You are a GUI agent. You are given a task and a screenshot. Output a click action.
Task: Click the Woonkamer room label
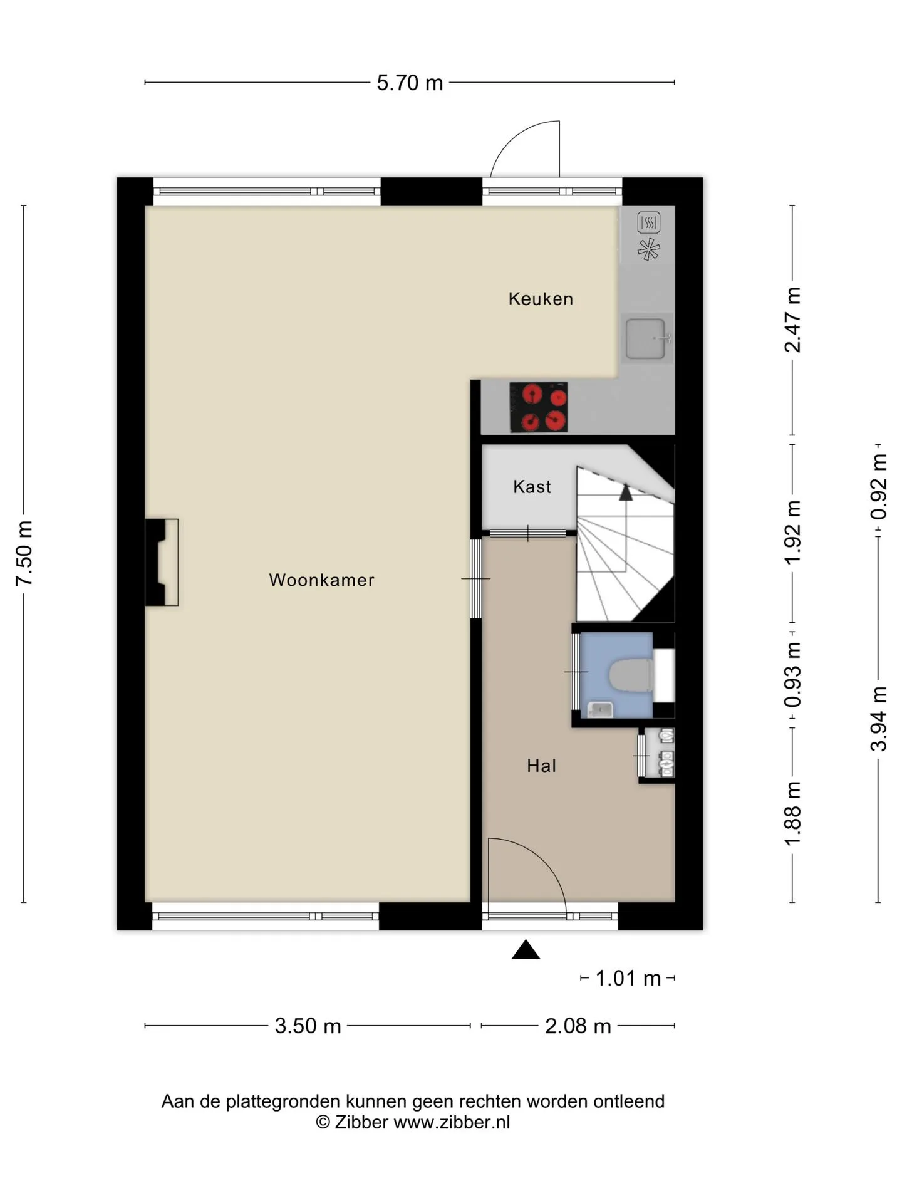tap(321, 580)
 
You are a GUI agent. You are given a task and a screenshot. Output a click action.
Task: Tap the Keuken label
tap(541, 298)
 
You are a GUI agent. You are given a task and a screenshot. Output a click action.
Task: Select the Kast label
tap(532, 486)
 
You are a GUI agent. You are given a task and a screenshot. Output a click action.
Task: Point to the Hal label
tap(541, 765)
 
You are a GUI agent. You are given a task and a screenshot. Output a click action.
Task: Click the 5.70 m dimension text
tap(410, 83)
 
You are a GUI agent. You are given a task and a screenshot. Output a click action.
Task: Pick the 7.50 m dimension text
tap(24, 553)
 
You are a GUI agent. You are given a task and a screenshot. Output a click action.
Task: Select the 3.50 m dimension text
tap(308, 1026)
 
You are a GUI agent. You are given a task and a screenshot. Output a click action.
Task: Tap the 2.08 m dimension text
tap(578, 1026)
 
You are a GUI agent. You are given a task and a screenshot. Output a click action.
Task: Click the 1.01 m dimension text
tap(628, 978)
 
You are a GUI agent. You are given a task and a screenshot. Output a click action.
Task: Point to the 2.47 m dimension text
tap(792, 320)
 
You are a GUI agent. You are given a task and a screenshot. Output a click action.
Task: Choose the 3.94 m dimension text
tap(878, 719)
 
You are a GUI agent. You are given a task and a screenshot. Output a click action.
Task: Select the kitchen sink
tap(646, 338)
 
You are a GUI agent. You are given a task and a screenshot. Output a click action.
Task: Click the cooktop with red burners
tap(539, 407)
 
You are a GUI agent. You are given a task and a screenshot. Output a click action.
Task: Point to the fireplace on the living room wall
tap(161, 562)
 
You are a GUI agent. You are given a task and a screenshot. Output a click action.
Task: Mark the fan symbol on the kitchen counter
tap(648, 249)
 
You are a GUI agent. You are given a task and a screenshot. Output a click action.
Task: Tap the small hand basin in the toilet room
tap(600, 709)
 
